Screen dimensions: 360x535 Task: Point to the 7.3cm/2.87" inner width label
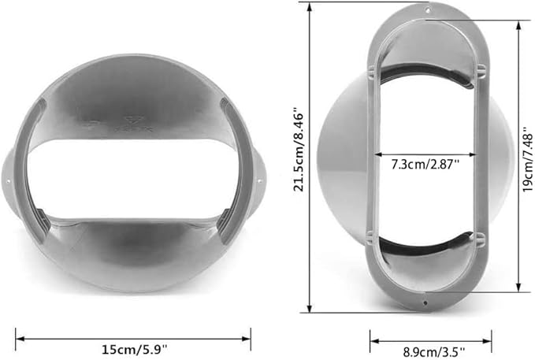425,166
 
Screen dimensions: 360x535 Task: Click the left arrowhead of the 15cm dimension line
18,339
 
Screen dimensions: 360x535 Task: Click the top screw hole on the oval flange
426,10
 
